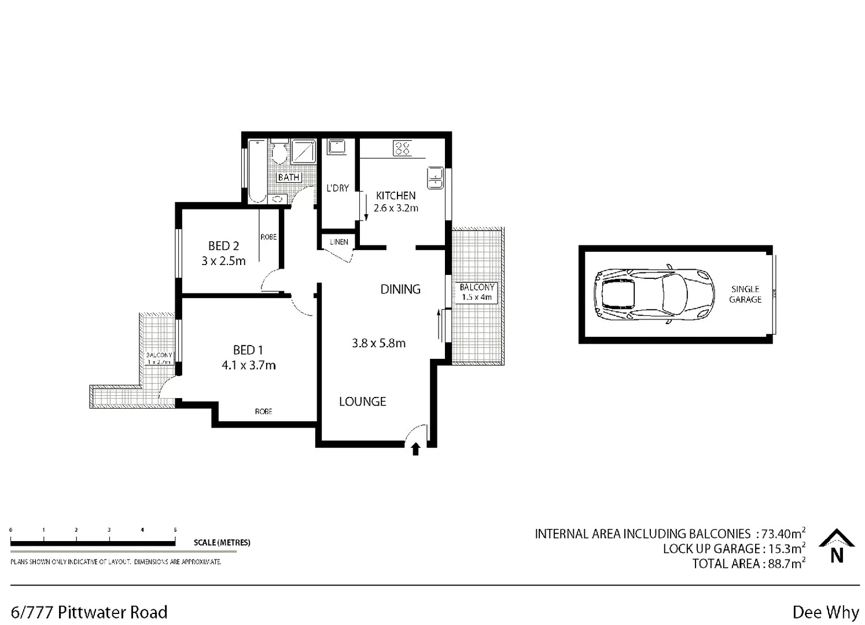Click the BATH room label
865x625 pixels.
click(x=289, y=177)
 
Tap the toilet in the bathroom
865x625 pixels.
click(x=279, y=151)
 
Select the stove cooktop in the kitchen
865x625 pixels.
click(x=402, y=148)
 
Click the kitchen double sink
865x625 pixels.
click(x=435, y=178)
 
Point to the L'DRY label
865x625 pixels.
click(x=337, y=188)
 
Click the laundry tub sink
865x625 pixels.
click(x=336, y=146)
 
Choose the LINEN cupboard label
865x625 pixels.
click(x=339, y=242)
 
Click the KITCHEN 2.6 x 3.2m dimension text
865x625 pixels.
click(x=396, y=208)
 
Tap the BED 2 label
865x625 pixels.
click(x=223, y=246)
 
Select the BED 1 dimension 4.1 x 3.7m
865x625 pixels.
click(x=248, y=365)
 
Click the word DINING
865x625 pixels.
click(x=400, y=289)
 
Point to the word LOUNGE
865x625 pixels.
click(x=362, y=401)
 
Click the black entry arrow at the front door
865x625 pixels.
click(x=415, y=449)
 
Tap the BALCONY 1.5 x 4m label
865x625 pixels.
click(x=477, y=292)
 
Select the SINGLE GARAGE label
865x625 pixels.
click(x=745, y=294)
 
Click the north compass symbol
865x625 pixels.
click(x=837, y=546)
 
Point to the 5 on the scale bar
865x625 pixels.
click(x=175, y=530)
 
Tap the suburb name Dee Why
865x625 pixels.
click(x=825, y=612)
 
